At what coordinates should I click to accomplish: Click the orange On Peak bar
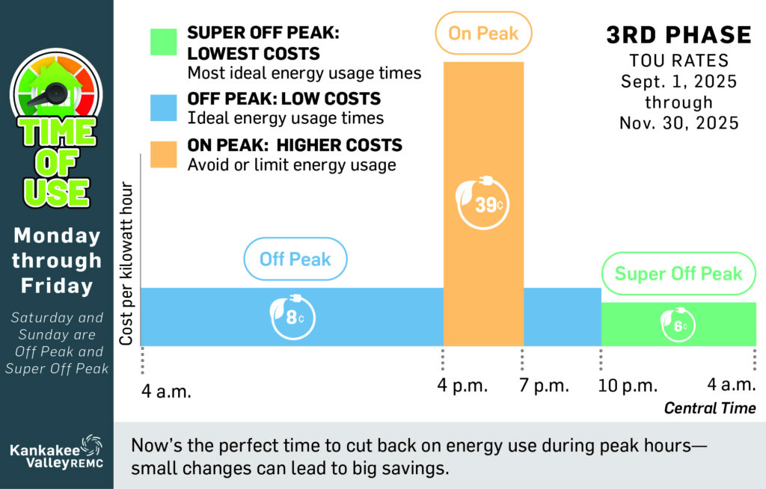[x=483, y=135]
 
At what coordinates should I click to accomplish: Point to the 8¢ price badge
[x=292, y=317]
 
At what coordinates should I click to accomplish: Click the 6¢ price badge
[x=678, y=325]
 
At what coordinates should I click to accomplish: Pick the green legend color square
[x=162, y=43]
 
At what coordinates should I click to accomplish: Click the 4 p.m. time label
[x=463, y=386]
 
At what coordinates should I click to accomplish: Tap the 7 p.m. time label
[x=544, y=386]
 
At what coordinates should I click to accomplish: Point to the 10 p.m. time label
[x=628, y=386]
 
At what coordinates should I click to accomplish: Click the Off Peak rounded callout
[x=295, y=259]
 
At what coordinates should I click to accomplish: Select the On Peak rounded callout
[x=483, y=33]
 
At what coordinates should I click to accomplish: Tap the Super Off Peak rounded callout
[x=678, y=274]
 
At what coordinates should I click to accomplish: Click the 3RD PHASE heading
[x=678, y=34]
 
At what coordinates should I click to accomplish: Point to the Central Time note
[x=710, y=408]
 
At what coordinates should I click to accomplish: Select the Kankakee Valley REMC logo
[x=56, y=452]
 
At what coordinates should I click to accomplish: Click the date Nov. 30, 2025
[x=678, y=123]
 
